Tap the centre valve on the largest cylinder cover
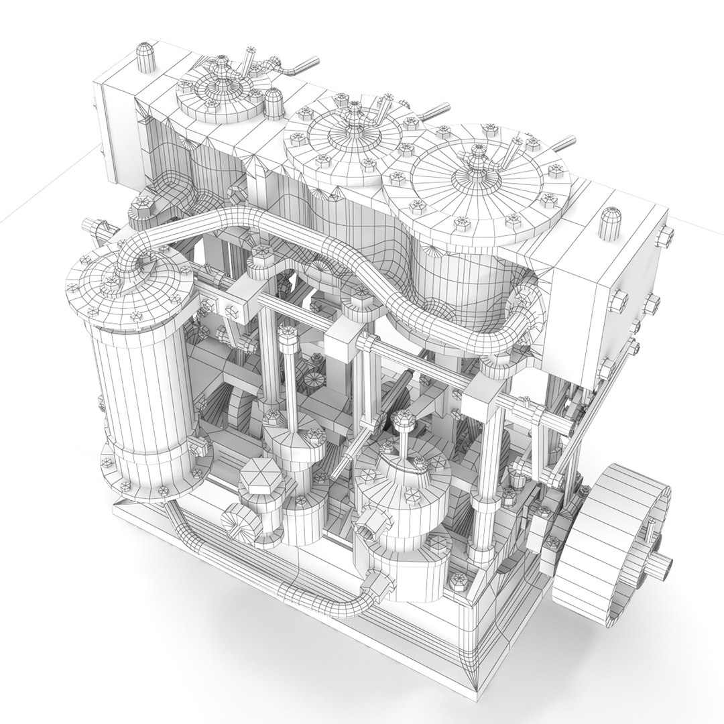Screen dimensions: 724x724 click(x=477, y=161)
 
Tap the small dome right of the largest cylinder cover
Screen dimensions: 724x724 click(x=609, y=222)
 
